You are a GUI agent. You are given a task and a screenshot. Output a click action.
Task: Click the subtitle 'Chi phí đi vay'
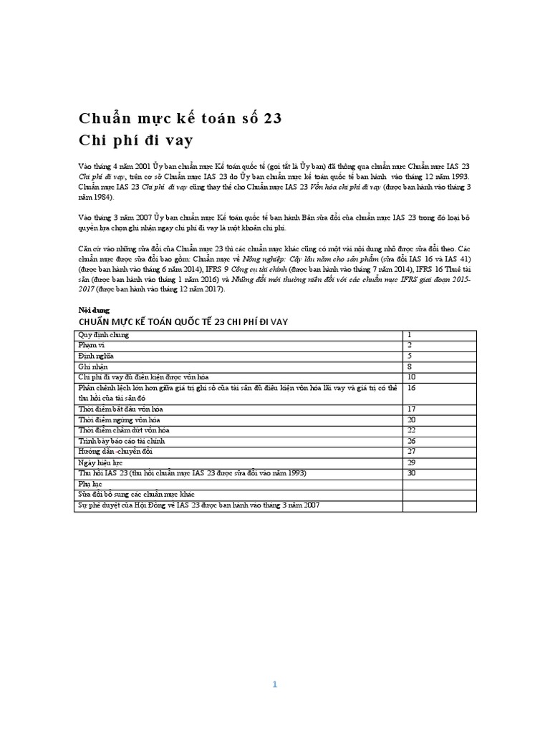135,140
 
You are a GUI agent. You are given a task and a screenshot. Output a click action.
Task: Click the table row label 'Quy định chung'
103,335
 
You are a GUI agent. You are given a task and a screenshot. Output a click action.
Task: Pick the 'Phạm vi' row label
92,345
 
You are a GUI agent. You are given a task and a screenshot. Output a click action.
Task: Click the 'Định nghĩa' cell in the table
95,356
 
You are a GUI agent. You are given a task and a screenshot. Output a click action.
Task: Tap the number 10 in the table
412,377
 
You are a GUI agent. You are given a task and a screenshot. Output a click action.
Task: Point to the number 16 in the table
412,387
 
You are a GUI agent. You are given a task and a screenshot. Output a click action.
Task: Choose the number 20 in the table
412,419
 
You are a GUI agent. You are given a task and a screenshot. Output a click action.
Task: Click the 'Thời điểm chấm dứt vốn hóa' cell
123,430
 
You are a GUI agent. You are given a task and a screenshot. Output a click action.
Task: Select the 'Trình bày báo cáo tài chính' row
120,441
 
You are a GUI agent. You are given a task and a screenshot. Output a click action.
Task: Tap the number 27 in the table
412,452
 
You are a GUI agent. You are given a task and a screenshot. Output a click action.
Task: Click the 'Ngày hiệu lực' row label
99,463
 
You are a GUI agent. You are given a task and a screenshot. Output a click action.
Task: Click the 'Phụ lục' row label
90,485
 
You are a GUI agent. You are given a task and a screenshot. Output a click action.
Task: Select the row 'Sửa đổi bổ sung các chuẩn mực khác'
136,495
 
